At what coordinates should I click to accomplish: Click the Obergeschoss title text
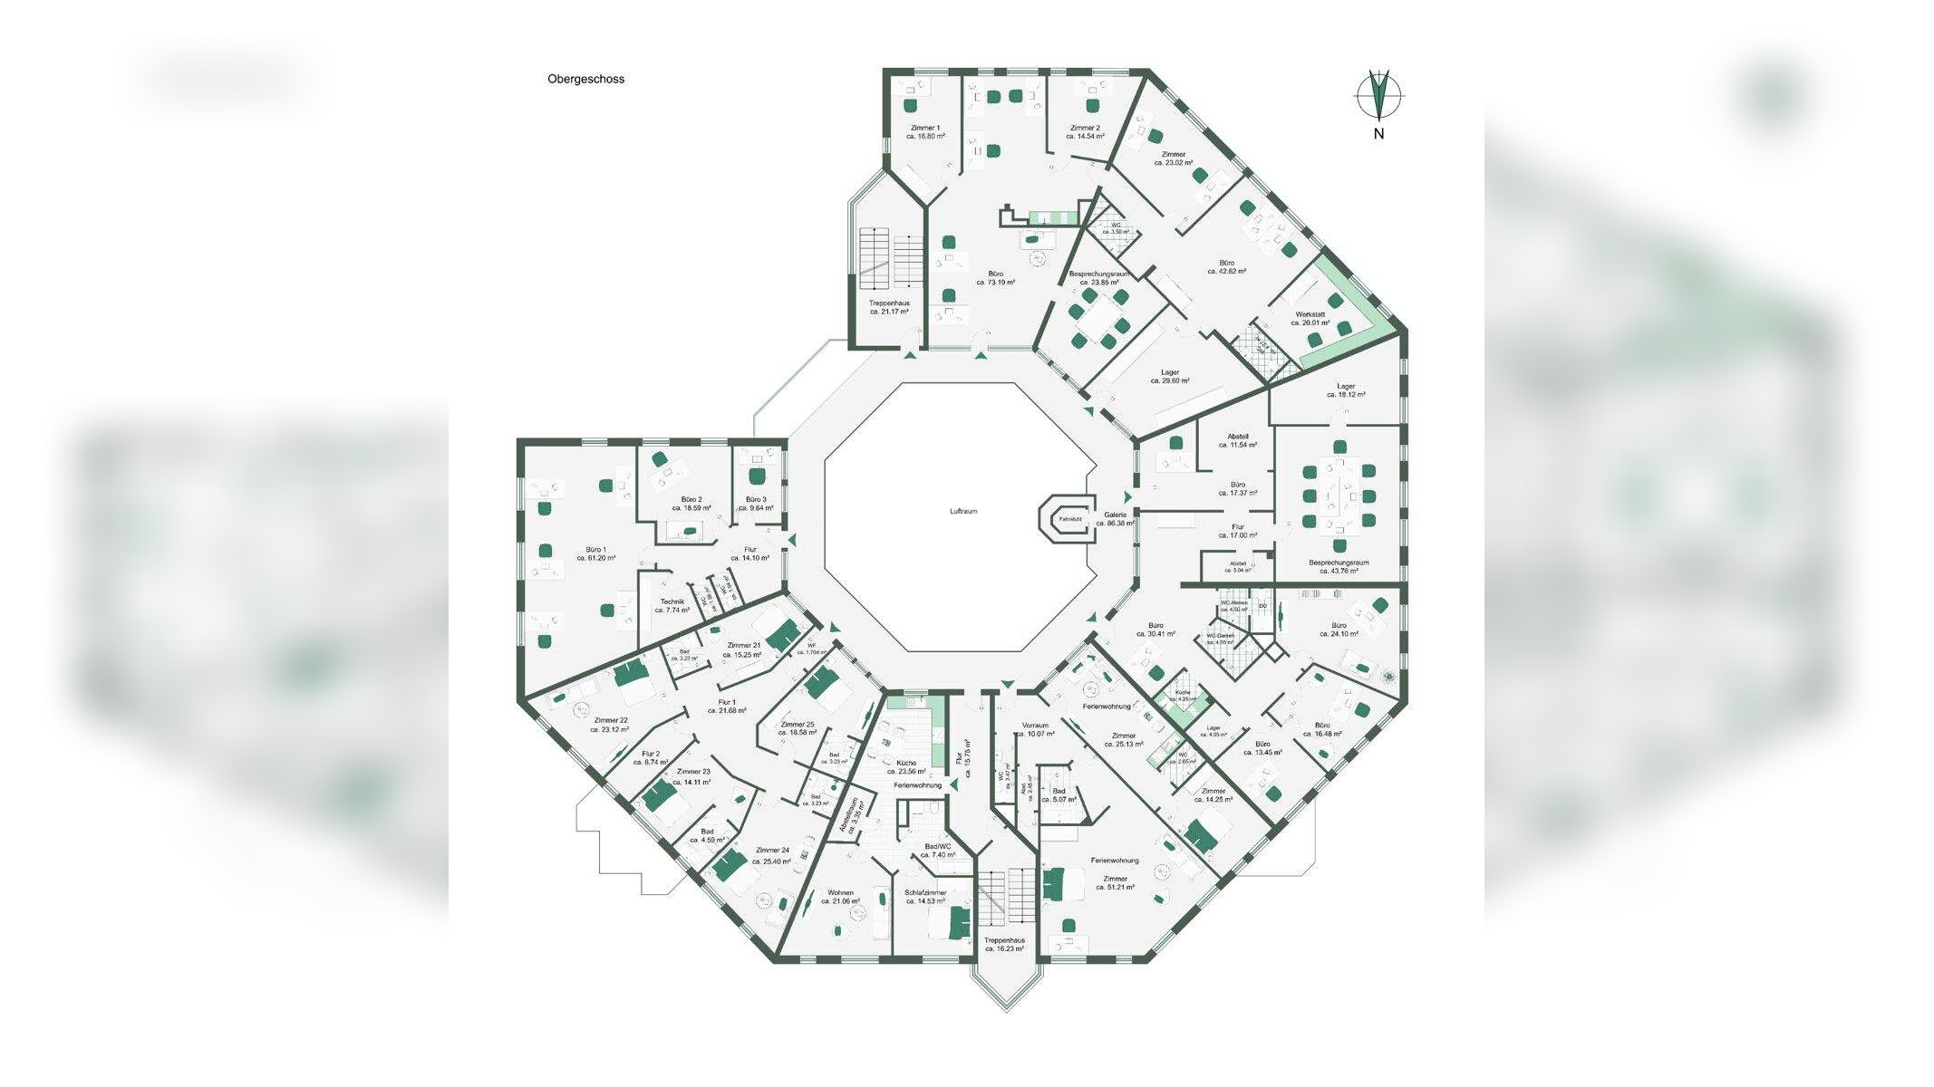coord(585,79)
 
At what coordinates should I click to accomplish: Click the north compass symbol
coord(1378,94)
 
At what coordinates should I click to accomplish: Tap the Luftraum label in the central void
coord(963,512)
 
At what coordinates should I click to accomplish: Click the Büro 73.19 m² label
coord(995,277)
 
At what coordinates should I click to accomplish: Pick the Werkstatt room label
coord(1310,318)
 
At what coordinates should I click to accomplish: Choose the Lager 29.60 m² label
coord(1169,377)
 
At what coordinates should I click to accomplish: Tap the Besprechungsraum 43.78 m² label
coord(1339,566)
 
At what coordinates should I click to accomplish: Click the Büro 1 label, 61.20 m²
coord(595,553)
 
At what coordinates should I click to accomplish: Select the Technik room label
coord(672,606)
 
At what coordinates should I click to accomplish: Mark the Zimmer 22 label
coord(611,725)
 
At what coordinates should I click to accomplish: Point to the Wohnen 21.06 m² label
coord(840,897)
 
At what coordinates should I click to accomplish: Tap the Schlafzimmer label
coord(924,897)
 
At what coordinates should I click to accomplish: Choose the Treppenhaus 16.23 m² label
coord(1003,945)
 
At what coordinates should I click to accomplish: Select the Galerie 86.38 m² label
coord(1115,518)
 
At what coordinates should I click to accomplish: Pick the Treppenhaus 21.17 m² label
coord(889,307)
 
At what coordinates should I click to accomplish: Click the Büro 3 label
coord(756,504)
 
